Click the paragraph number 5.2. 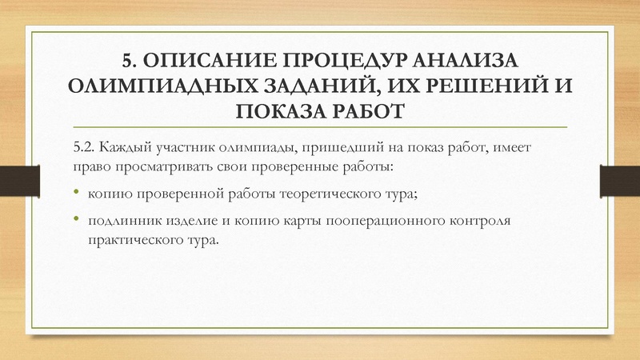coord(84,148)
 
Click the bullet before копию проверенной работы coord(77,193)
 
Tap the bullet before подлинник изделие coord(77,219)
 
